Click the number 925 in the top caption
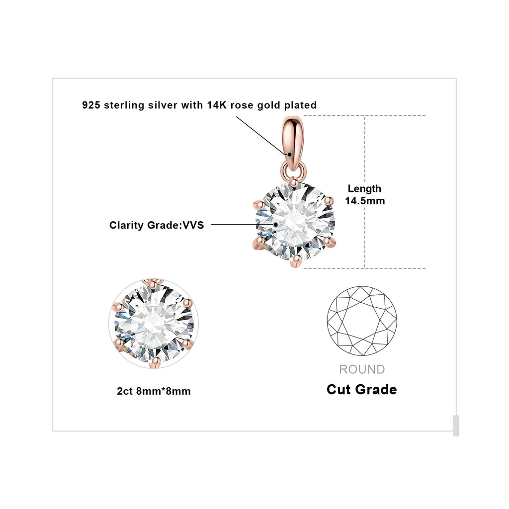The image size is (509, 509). pos(91,105)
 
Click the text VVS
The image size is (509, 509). pos(193,225)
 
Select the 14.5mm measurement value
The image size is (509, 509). pos(365,201)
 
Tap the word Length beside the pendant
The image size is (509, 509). pos(364,189)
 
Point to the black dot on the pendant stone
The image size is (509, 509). pos(275,224)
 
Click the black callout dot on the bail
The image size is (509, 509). pos(290,155)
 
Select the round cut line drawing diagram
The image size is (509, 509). pos(362,321)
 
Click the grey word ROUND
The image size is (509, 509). pos(362,369)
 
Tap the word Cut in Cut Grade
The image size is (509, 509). pos(339,390)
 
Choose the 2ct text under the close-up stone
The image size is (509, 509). pos(125,391)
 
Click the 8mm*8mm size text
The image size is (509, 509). pos(163,391)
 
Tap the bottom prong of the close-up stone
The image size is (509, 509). pos(155,362)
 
